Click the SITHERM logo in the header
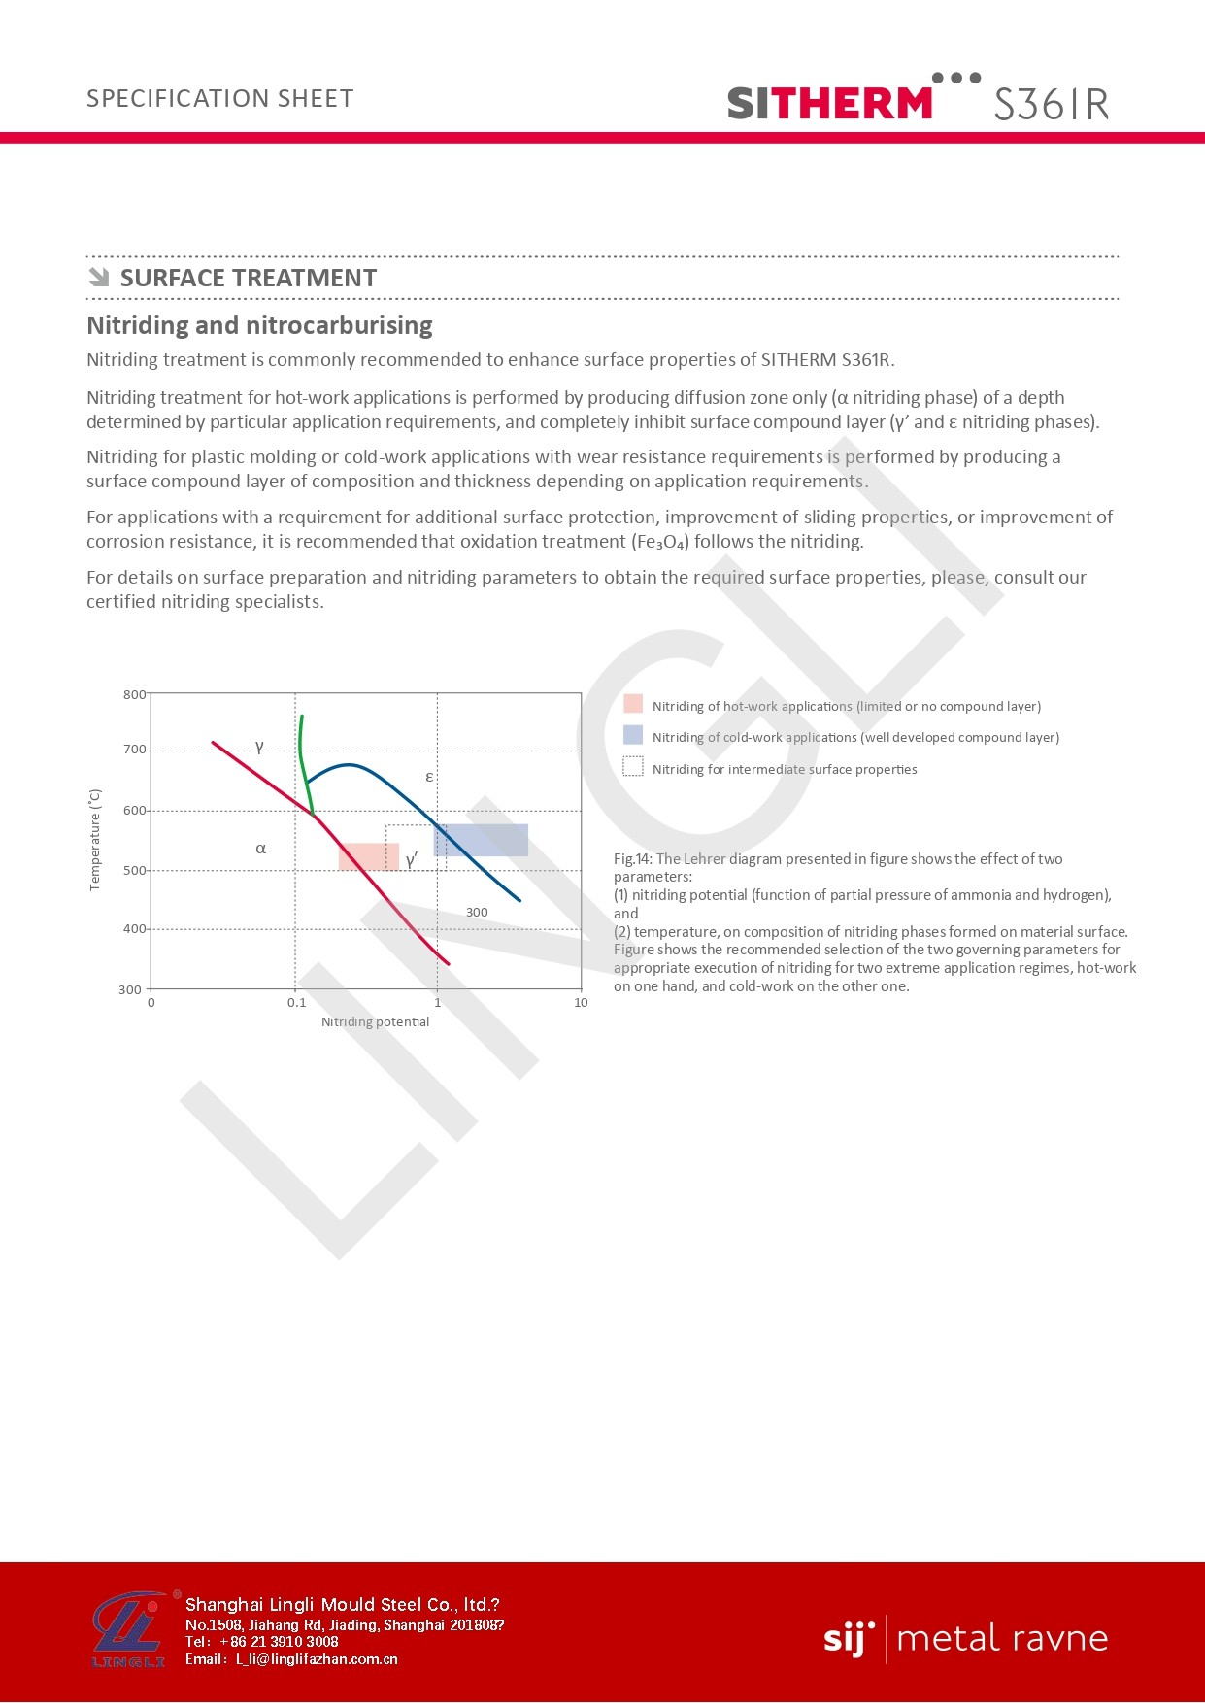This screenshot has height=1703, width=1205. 830,102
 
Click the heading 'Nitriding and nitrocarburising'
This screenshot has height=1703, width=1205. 259,325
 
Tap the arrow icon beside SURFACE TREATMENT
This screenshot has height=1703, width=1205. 98,278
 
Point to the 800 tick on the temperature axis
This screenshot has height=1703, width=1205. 134,694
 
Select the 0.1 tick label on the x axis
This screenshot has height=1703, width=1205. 296,1003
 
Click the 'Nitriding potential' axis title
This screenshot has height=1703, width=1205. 375,1022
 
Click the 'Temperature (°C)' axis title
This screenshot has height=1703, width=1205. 95,840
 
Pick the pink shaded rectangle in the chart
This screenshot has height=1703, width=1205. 368,856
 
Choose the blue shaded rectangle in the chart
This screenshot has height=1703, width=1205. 482,840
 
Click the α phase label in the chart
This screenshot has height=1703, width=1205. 260,849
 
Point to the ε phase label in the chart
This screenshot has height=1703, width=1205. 429,777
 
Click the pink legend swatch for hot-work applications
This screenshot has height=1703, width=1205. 633,704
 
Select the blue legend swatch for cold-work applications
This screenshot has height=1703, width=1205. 633,735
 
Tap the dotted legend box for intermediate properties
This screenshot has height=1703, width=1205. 633,767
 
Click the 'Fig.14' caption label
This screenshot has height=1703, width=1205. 632,859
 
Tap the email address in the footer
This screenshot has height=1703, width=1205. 317,1659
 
